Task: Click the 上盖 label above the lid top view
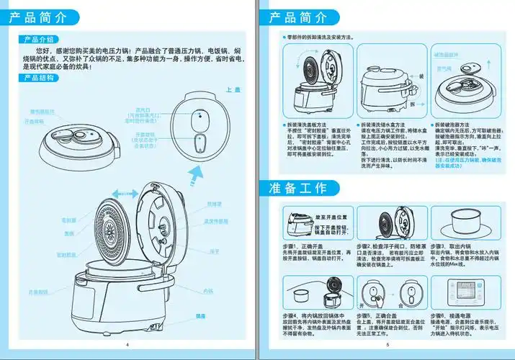pos(232,90)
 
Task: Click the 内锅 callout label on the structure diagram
pos(208,291)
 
